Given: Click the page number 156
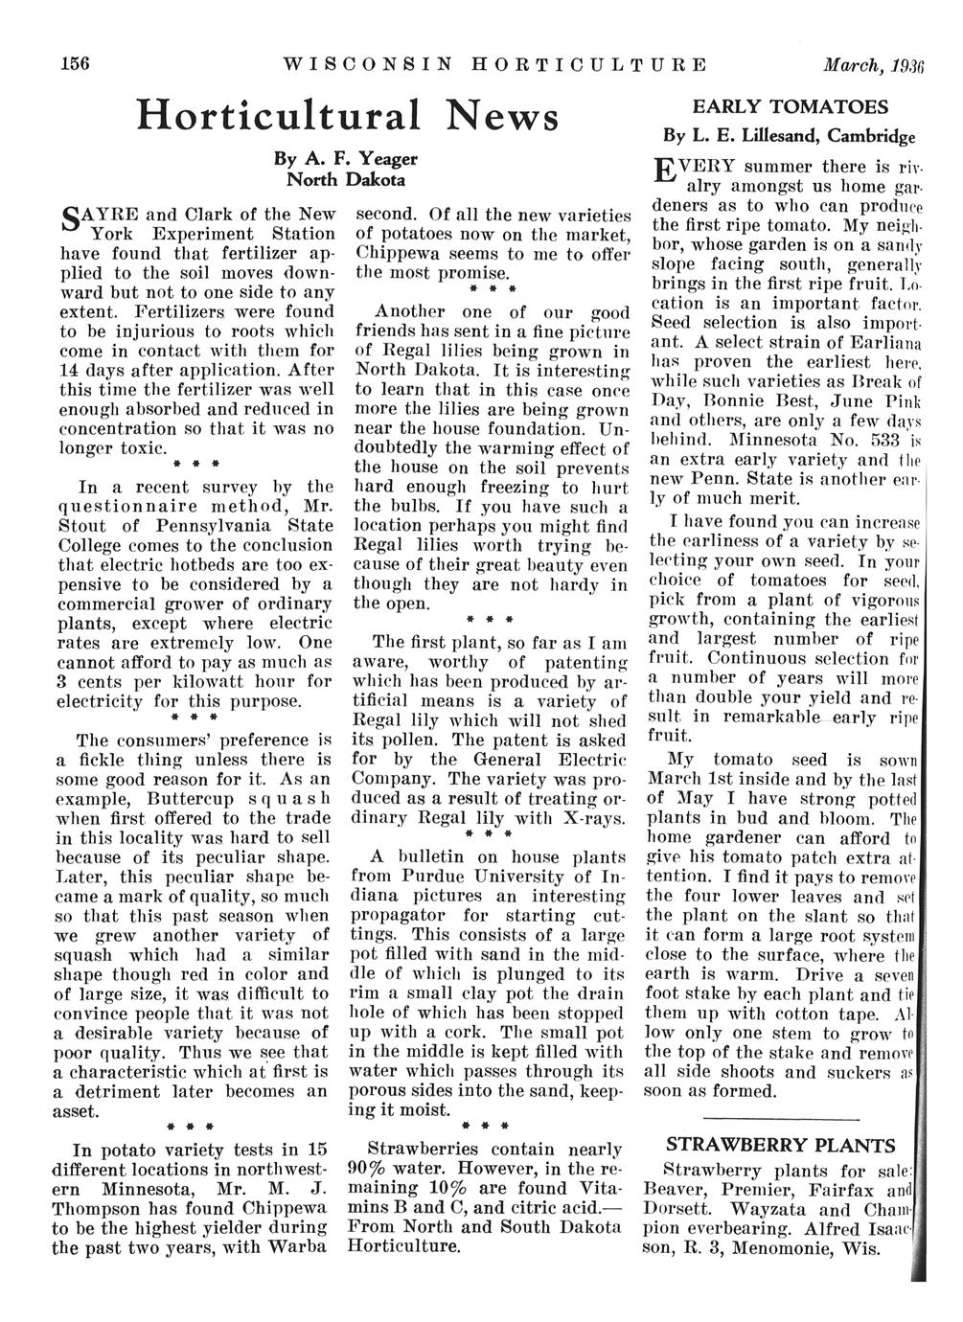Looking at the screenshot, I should [x=74, y=65].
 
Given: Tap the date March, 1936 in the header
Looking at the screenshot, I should [x=873, y=66].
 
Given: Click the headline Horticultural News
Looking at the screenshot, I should [x=347, y=117].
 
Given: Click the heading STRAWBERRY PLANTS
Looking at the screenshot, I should [x=781, y=1146].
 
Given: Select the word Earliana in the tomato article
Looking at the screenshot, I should [x=878, y=342].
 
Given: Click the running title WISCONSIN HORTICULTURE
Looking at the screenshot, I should [x=494, y=66].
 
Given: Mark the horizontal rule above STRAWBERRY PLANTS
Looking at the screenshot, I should [x=781, y=1118].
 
